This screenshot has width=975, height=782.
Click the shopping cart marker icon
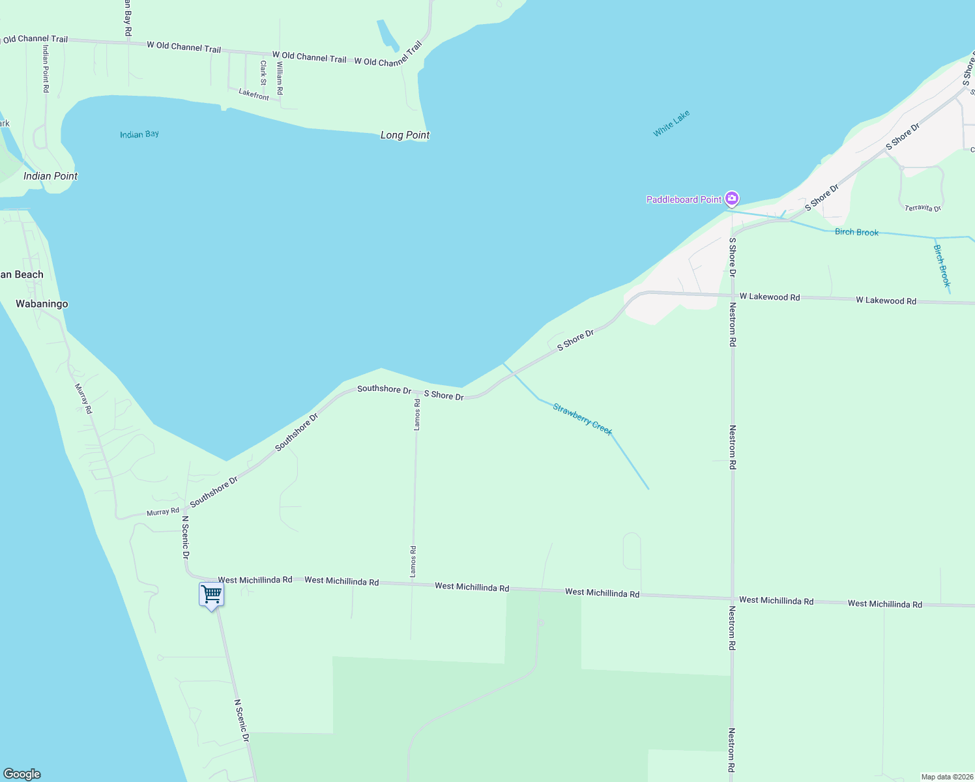click(211, 594)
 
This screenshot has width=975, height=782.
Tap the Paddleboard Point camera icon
click(732, 198)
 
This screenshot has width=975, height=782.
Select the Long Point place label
click(405, 135)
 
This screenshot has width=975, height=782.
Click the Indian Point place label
click(50, 176)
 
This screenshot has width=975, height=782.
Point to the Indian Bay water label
click(139, 134)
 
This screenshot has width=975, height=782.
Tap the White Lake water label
click(671, 123)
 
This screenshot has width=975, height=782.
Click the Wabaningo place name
click(42, 304)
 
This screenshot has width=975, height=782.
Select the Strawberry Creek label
click(583, 419)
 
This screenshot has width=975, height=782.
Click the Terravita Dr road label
click(923, 208)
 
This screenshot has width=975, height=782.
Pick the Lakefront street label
click(254, 94)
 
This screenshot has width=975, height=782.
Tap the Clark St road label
click(263, 73)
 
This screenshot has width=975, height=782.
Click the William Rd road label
click(280, 78)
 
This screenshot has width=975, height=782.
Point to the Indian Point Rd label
click(46, 68)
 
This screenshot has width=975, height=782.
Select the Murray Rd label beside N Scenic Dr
click(162, 512)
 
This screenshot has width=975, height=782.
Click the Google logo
click(22, 774)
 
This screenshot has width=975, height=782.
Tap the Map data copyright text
click(947, 777)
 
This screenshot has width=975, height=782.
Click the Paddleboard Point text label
click(684, 199)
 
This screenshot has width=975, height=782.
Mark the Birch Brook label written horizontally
click(856, 232)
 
